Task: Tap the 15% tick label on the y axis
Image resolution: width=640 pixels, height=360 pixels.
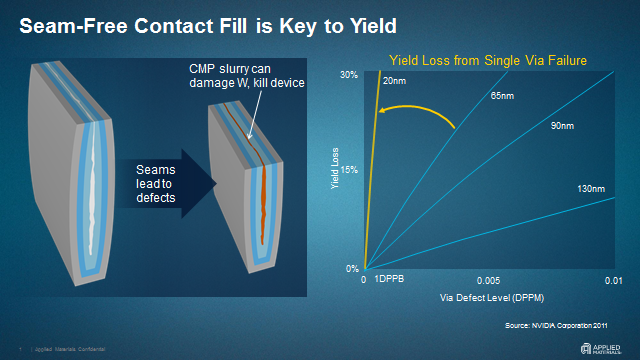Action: (349, 170)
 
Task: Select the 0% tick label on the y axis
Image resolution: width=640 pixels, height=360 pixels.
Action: (351, 268)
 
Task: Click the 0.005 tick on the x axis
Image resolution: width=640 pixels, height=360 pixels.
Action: (488, 283)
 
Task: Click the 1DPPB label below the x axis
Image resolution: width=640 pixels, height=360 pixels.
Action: (389, 283)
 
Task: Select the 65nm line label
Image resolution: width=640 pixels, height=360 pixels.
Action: (501, 96)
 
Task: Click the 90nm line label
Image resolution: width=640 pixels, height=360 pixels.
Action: (563, 126)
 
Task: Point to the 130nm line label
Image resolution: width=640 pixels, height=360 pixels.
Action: (591, 189)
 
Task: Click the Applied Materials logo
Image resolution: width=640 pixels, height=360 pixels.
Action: (606, 348)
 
